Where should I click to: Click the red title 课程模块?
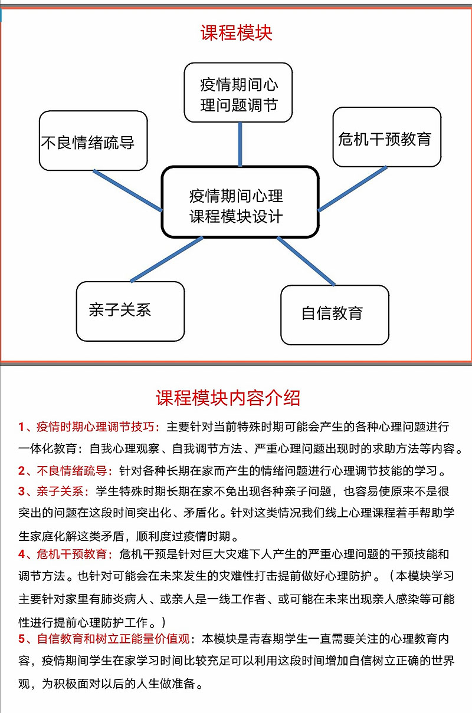(236, 33)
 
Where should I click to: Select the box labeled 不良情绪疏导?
(93, 141)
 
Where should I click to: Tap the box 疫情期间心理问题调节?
(238, 93)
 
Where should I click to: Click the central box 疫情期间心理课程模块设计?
(240, 202)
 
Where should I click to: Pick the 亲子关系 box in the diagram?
(130, 311)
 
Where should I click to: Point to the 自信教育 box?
(335, 315)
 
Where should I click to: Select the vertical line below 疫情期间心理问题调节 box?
(240, 144)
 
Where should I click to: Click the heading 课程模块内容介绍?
(228, 398)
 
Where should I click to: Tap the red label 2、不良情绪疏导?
(65, 471)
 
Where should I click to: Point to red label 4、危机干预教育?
(65, 554)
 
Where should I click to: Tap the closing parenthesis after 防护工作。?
(163, 622)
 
